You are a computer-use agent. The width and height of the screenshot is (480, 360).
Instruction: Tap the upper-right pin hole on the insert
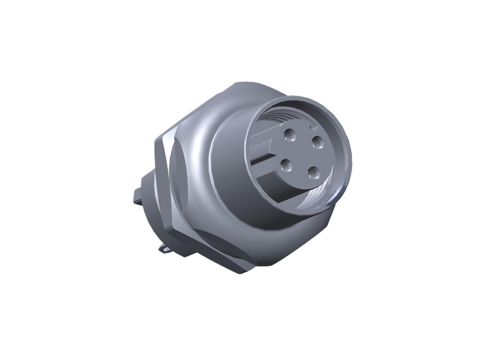[x=317, y=142]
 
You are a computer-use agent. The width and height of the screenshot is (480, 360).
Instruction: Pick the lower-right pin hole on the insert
[x=313, y=172]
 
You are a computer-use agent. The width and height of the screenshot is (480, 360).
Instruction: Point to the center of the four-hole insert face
[x=302, y=153]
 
